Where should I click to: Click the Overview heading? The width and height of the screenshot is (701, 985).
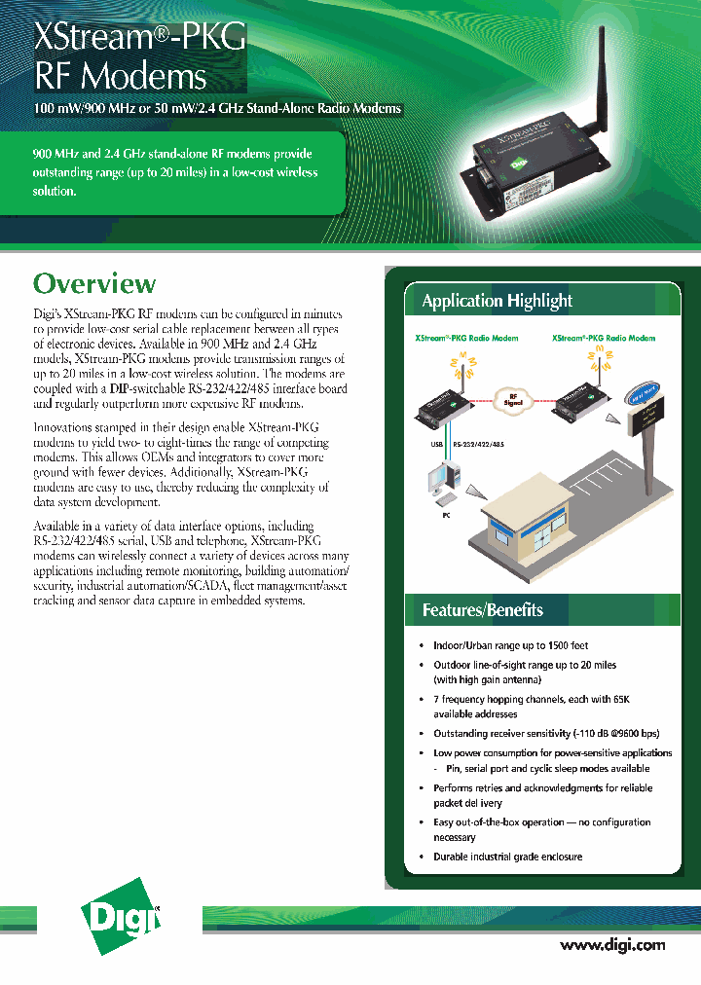(94, 283)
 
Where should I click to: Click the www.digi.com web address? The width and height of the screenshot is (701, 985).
(612, 945)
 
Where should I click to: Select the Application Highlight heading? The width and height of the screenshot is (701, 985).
(497, 301)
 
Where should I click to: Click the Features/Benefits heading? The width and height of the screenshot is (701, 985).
(482, 610)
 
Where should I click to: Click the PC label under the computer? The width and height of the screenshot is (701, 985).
(446, 515)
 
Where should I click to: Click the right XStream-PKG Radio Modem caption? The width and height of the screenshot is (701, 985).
(604, 339)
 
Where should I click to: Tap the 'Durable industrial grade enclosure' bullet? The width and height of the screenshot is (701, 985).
(507, 857)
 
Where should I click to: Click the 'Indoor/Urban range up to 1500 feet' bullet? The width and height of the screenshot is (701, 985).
(510, 645)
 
